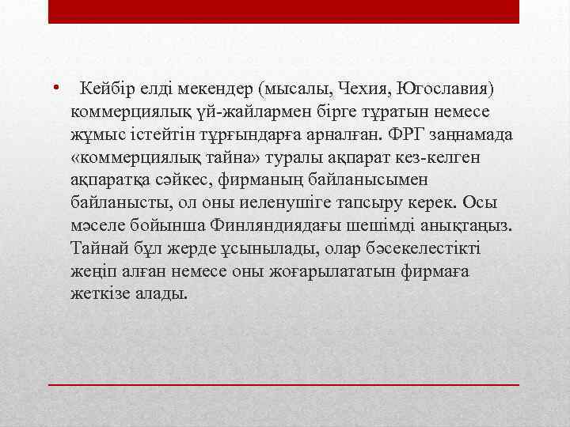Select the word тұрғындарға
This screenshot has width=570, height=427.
pyautogui.click(x=255, y=135)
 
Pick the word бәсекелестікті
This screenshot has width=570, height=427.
pyautogui.click(x=428, y=248)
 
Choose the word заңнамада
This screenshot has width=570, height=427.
pyautogui.click(x=477, y=135)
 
